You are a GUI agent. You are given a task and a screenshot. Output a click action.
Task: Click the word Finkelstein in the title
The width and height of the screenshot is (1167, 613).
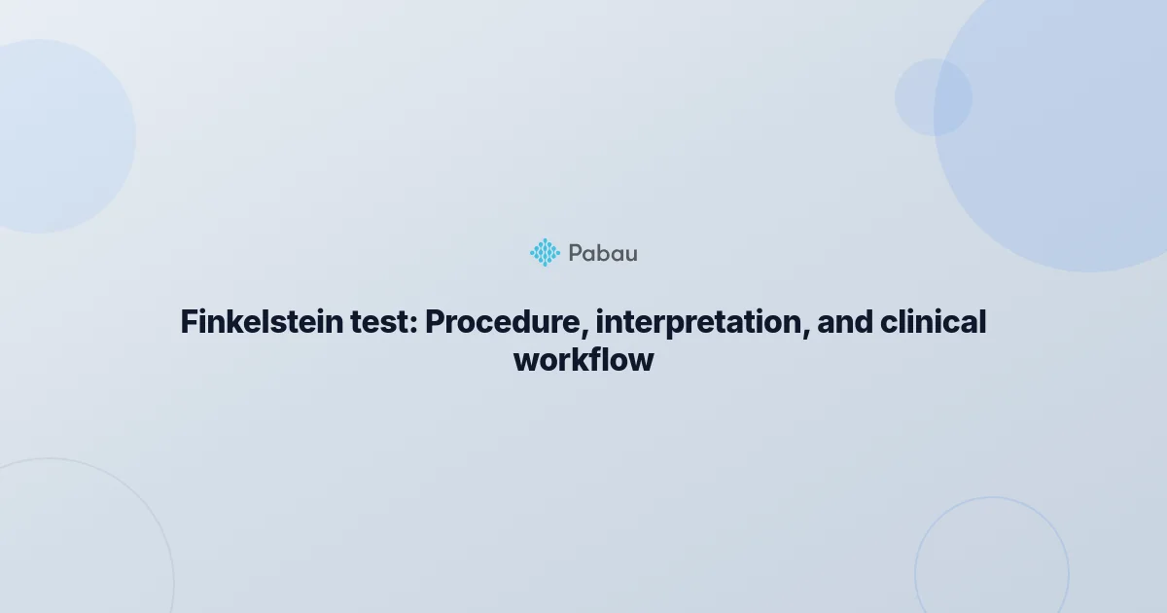pyautogui.click(x=262, y=322)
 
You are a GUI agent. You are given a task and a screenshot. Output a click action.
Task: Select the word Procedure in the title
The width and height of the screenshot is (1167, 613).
pyautogui.click(x=502, y=322)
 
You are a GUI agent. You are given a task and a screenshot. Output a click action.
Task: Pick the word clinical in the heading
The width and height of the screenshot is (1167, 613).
pyautogui.click(x=933, y=322)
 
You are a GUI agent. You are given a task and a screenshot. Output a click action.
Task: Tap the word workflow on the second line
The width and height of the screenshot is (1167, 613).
pyautogui.click(x=583, y=359)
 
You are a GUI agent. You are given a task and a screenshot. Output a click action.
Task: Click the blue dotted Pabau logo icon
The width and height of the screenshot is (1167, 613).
pyautogui.click(x=545, y=253)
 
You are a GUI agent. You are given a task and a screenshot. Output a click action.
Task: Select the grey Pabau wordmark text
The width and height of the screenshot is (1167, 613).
pyautogui.click(x=603, y=253)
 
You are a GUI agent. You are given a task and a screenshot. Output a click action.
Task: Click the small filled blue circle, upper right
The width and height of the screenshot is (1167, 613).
pyautogui.click(x=933, y=97)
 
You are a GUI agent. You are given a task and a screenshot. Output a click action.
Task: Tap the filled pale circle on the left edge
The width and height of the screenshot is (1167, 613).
pyautogui.click(x=57, y=136)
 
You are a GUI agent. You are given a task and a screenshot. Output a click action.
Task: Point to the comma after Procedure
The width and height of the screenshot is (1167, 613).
pyautogui.click(x=585, y=333)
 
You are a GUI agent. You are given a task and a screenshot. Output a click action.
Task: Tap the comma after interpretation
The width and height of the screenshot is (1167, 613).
pyautogui.click(x=806, y=333)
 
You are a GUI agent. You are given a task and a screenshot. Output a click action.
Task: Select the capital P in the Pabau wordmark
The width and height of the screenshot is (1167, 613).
pyautogui.click(x=575, y=253)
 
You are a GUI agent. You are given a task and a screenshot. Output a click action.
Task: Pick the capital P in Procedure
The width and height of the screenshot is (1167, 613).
pyautogui.click(x=435, y=322)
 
